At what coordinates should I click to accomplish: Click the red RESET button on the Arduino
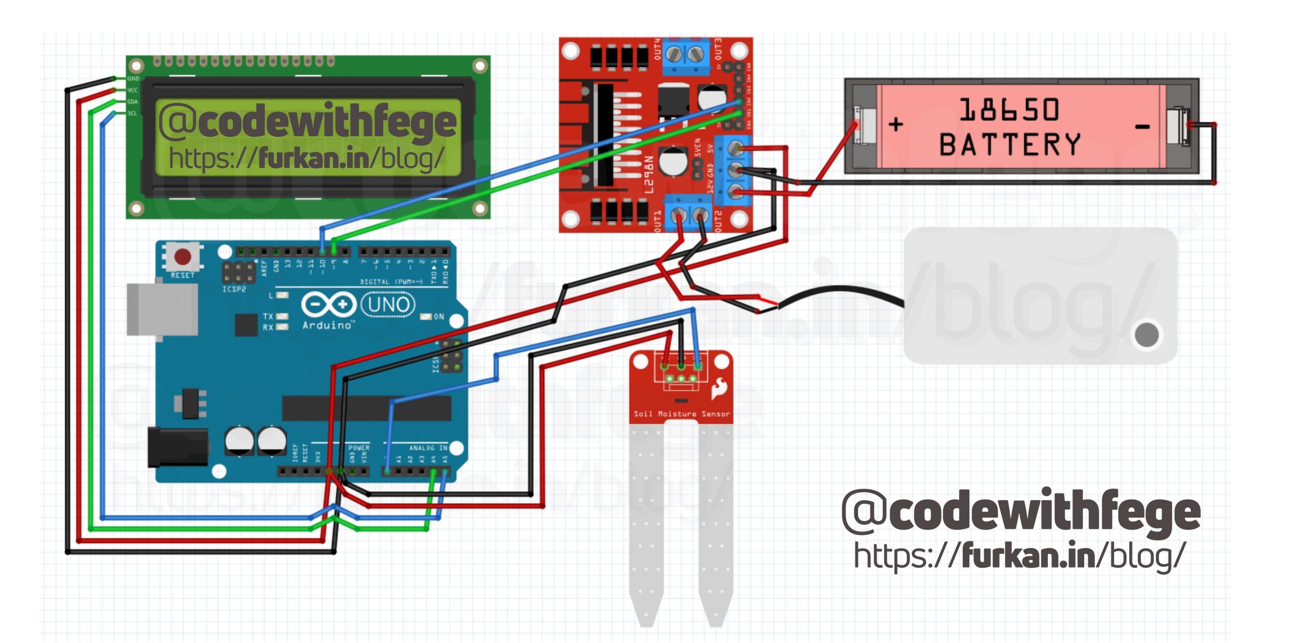(183, 256)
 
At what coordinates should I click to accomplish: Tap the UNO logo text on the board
(388, 305)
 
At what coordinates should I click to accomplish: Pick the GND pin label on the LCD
(133, 79)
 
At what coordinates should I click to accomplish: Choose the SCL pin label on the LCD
(132, 113)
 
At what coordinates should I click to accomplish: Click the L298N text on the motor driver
(649, 175)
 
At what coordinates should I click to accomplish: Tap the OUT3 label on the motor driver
(718, 48)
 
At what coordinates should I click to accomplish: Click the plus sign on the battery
(896, 125)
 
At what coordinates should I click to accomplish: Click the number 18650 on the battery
(1009, 110)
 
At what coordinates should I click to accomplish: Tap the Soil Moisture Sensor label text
(682, 414)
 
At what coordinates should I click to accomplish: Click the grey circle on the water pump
(1147, 335)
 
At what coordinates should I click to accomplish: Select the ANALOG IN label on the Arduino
(428, 448)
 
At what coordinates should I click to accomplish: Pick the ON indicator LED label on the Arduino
(439, 317)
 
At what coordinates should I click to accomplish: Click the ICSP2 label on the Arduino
(234, 289)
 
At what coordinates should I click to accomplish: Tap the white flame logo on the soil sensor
(718, 389)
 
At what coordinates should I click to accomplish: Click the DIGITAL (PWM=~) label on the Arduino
(391, 282)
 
